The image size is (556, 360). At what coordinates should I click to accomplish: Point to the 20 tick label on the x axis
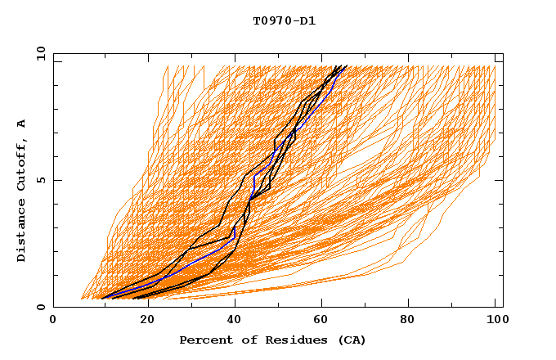pyautogui.click(x=141, y=320)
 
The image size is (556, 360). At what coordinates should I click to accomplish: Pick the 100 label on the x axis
pyautogui.click(x=495, y=320)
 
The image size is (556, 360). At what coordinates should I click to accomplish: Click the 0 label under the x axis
pyautogui.click(x=53, y=320)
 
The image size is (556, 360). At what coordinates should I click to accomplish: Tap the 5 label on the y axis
pyautogui.click(x=40, y=180)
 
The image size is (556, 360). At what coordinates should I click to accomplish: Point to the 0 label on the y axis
pyautogui.click(x=40, y=307)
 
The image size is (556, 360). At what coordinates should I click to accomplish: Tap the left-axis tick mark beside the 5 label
pyautogui.click(x=56, y=180)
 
